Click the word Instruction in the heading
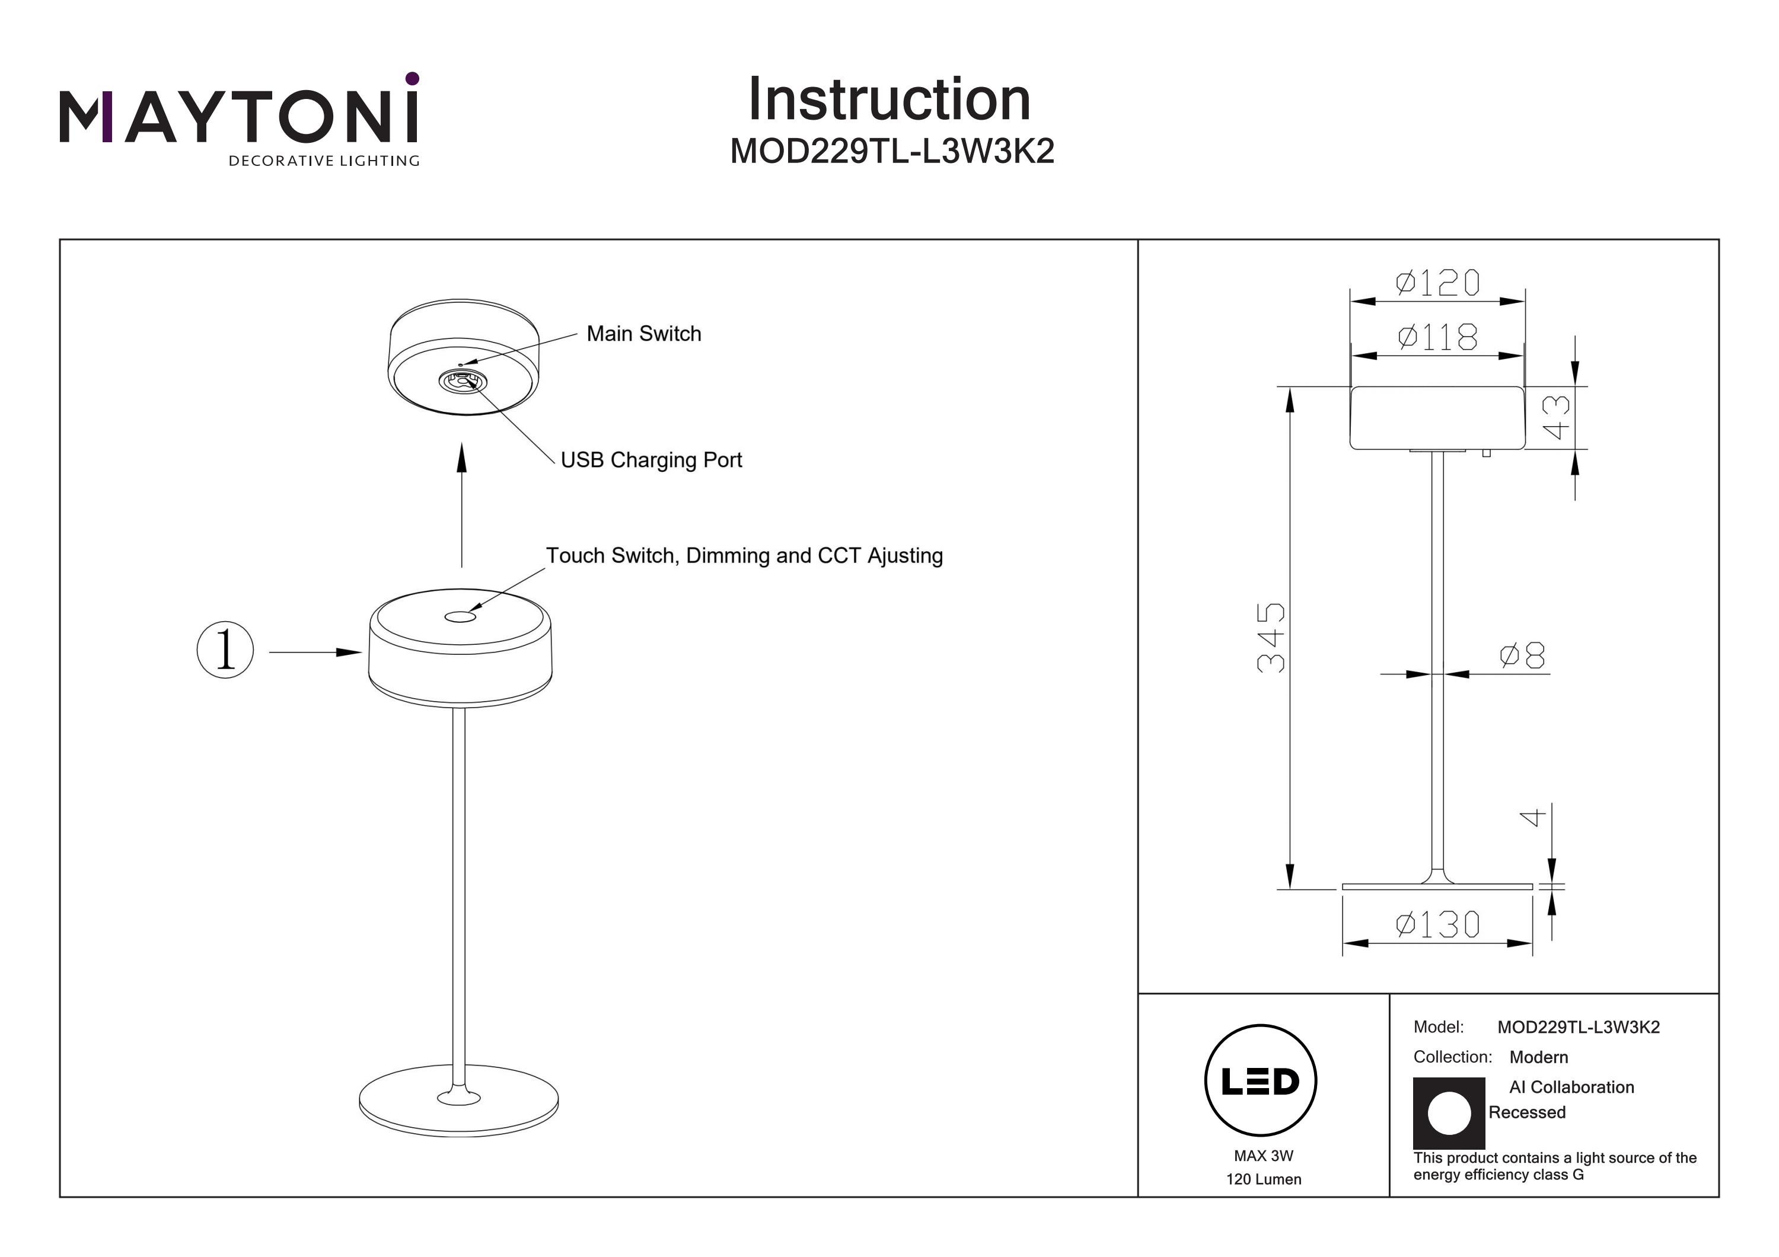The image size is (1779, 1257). click(889, 100)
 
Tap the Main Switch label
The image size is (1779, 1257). click(643, 334)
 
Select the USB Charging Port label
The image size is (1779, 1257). click(651, 460)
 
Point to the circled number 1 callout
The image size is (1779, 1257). click(225, 650)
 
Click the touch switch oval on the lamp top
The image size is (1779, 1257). click(460, 616)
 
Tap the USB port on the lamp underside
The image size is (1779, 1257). click(463, 380)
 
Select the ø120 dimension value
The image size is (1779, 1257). click(1437, 283)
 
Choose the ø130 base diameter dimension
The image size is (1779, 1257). click(1437, 925)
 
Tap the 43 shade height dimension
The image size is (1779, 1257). click(1556, 417)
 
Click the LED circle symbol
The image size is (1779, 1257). click(1261, 1081)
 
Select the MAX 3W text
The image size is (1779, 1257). click(1263, 1156)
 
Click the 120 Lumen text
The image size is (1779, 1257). click(1263, 1179)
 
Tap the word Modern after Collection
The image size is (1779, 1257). click(1538, 1057)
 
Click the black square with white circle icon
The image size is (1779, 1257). click(1448, 1113)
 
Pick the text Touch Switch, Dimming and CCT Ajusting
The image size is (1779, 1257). click(744, 556)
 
